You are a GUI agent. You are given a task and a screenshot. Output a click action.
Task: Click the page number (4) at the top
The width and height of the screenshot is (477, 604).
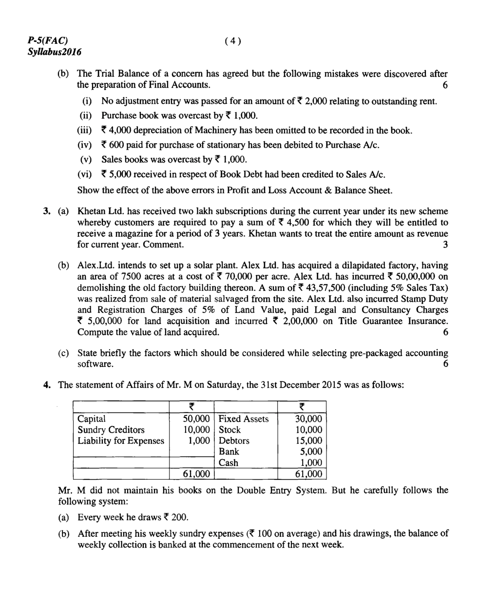tap(233, 41)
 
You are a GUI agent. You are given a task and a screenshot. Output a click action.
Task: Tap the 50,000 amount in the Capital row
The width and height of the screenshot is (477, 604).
tap(196, 419)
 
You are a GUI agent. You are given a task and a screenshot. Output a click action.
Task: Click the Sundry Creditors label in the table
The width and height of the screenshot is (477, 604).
tap(111, 430)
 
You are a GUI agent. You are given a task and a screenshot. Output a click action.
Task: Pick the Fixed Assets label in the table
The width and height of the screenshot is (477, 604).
tap(244, 419)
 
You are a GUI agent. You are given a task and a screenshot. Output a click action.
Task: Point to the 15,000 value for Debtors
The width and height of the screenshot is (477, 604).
tap(309, 441)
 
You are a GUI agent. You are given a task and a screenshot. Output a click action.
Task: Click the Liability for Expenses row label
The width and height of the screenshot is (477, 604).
tap(121, 441)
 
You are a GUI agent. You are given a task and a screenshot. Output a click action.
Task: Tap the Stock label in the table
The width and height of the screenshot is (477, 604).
tap(230, 430)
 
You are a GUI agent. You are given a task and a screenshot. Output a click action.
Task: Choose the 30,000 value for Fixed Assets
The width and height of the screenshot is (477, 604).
tap(309, 419)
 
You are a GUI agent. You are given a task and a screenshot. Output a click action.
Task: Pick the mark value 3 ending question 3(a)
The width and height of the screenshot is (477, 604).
tap(445, 245)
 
